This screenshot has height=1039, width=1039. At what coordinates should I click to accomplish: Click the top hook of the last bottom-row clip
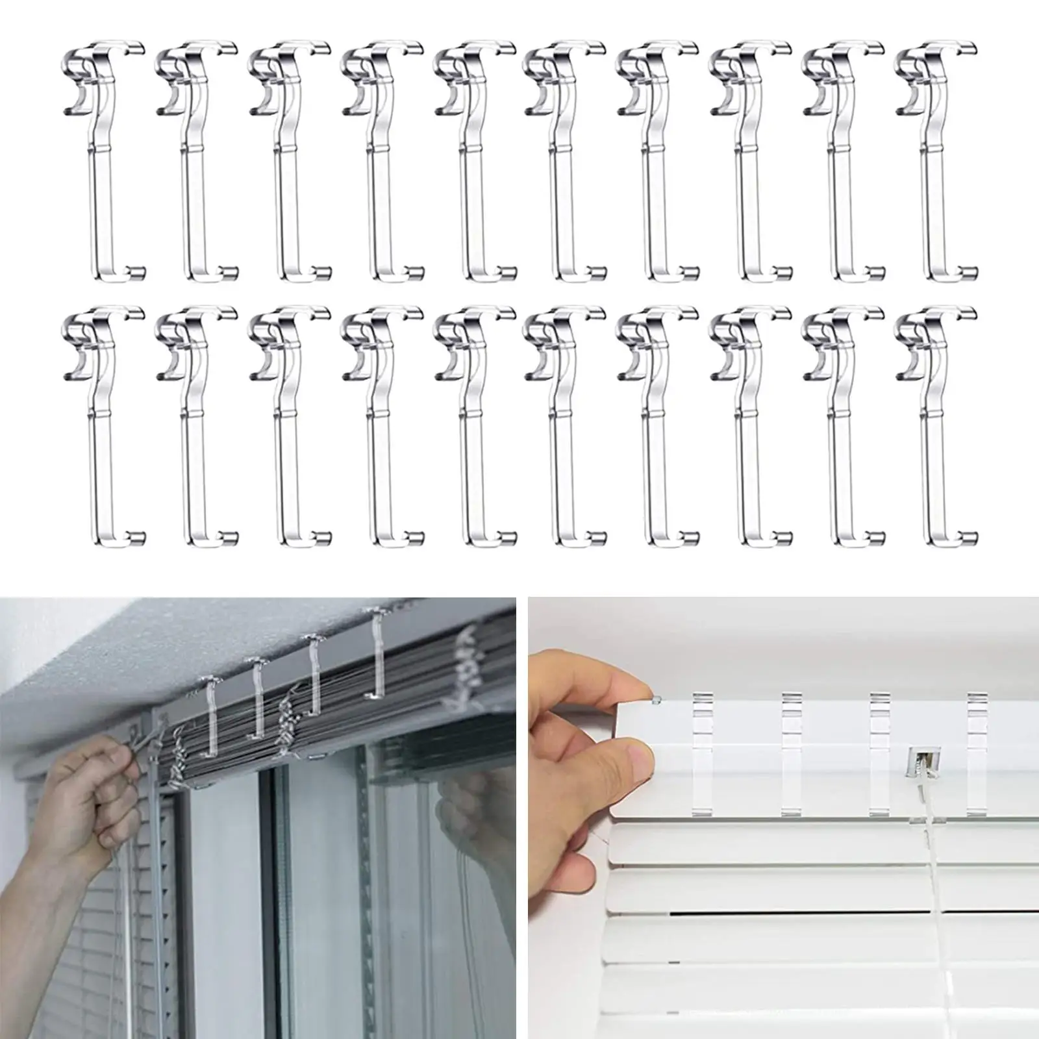955,314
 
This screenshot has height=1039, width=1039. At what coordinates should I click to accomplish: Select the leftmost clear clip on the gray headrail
210,714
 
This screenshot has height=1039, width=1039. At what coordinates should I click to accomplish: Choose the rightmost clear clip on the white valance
977,753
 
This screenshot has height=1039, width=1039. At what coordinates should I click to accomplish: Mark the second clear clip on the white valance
793,753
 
